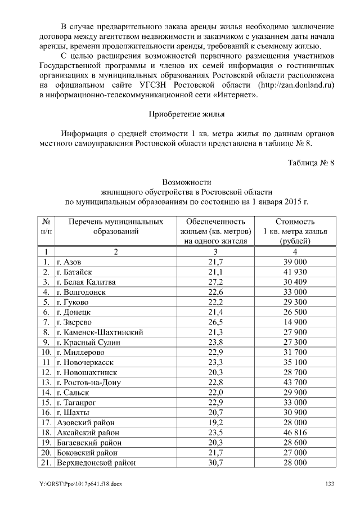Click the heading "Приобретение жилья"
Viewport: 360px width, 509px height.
click(x=186, y=114)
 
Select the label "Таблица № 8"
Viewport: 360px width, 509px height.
click(x=311, y=163)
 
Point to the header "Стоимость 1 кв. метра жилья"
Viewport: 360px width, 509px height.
click(x=295, y=231)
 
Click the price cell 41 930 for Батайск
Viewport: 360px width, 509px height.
click(x=295, y=272)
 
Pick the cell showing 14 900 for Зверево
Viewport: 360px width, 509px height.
click(x=295, y=322)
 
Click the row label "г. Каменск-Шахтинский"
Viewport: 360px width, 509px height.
click(x=100, y=332)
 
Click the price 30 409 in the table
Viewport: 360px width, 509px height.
click(x=295, y=282)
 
